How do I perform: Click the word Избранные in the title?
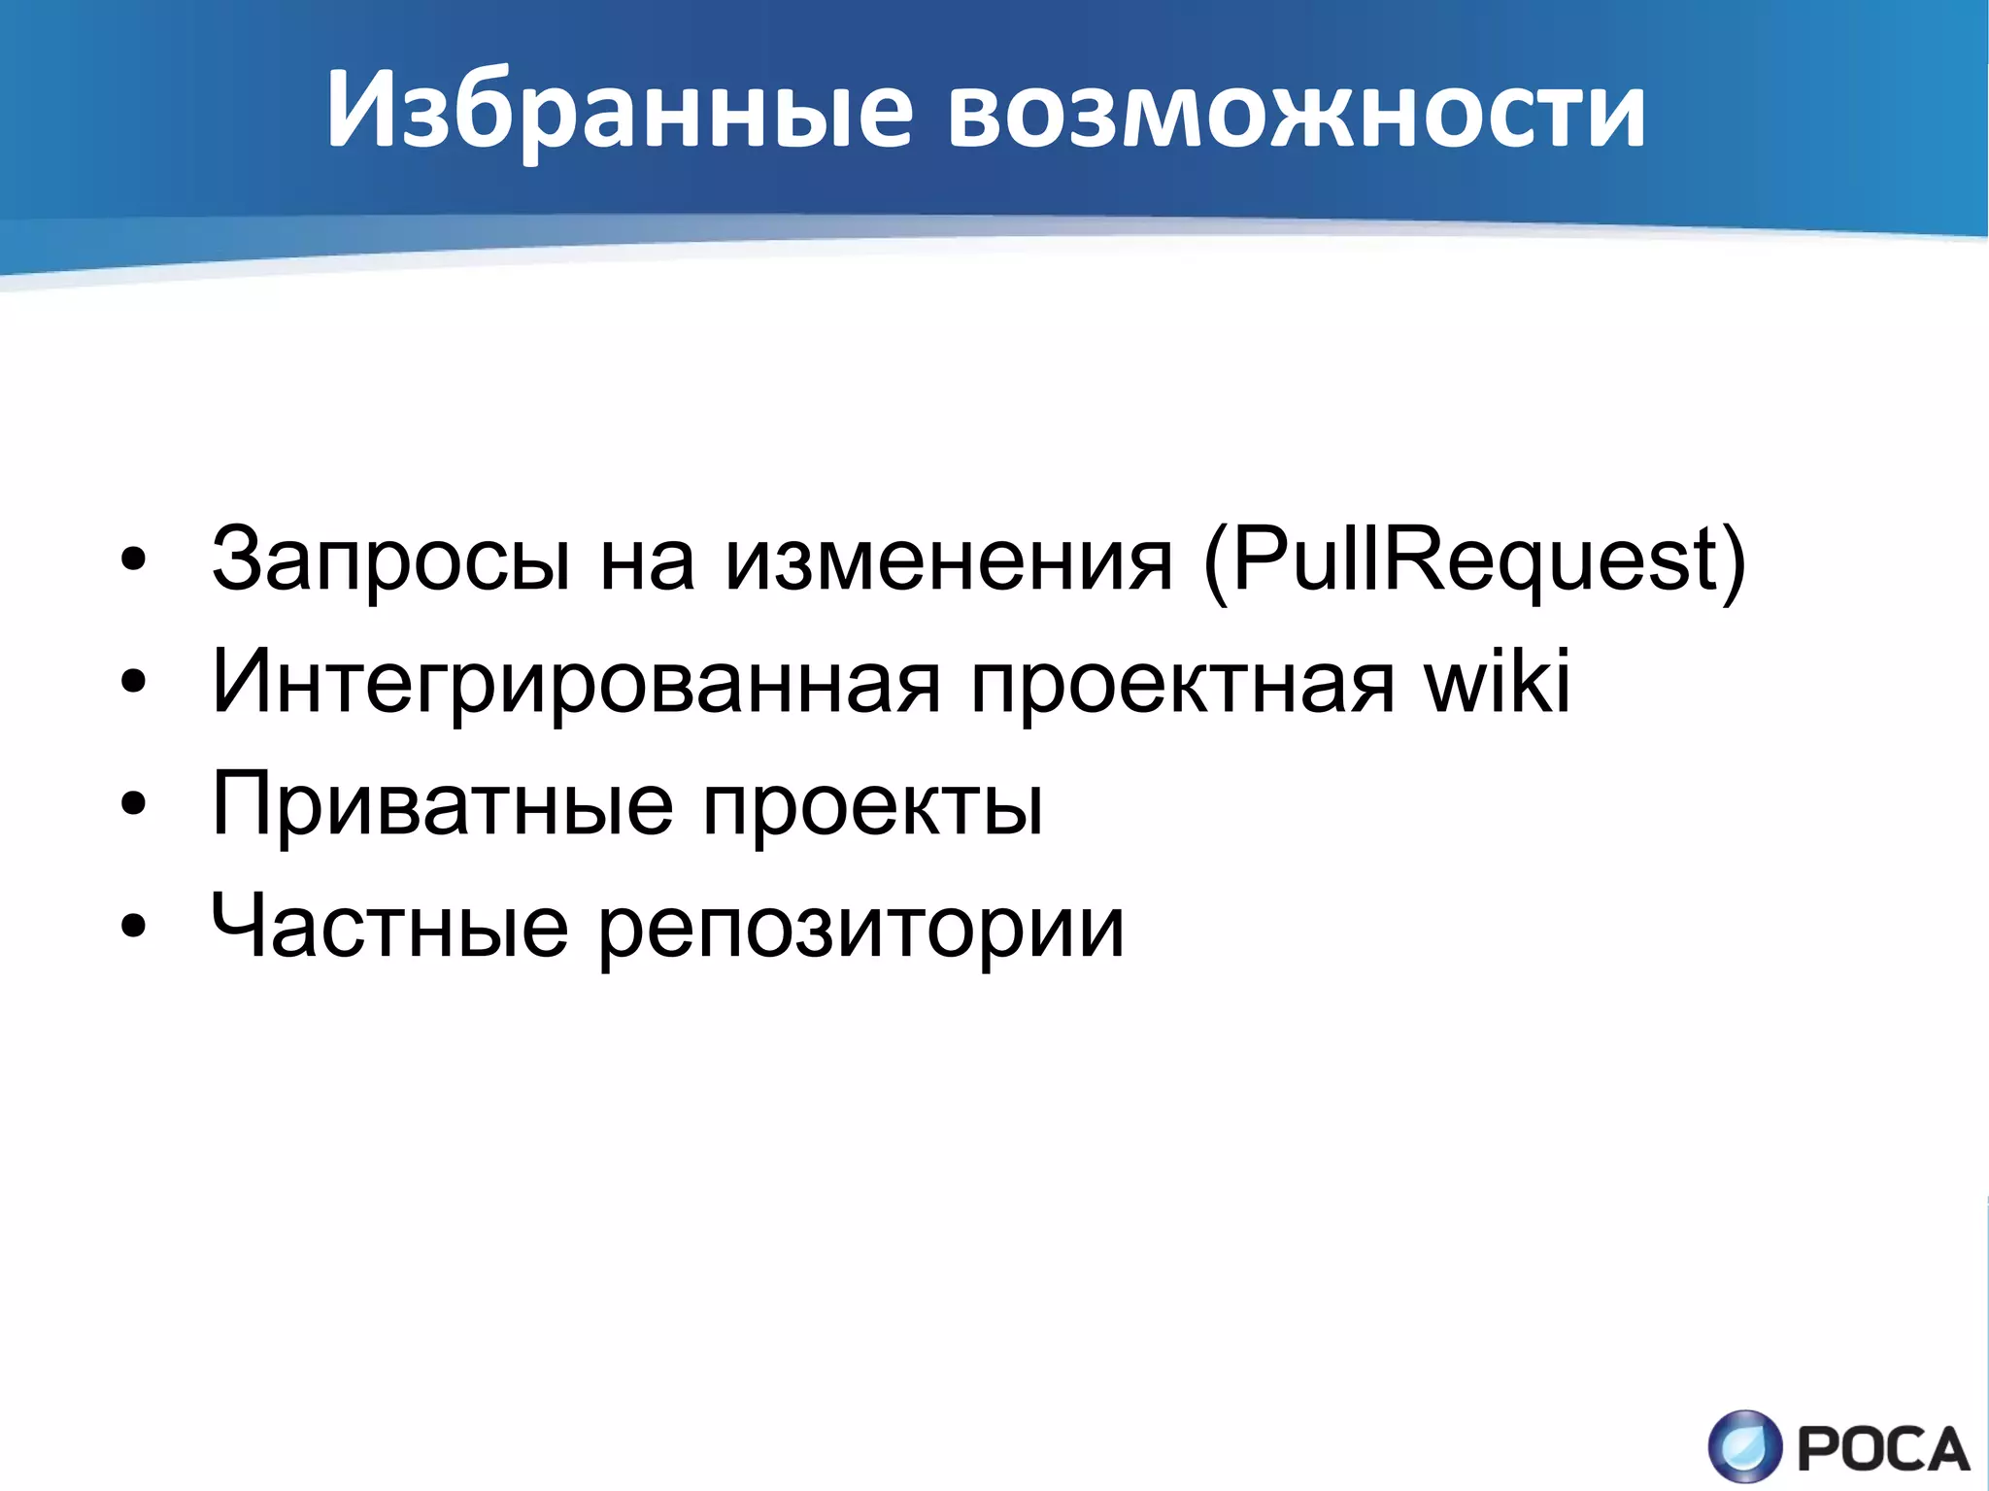(619, 109)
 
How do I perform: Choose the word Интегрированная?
(576, 683)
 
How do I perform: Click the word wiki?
(1497, 680)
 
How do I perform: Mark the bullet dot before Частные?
(133, 927)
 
